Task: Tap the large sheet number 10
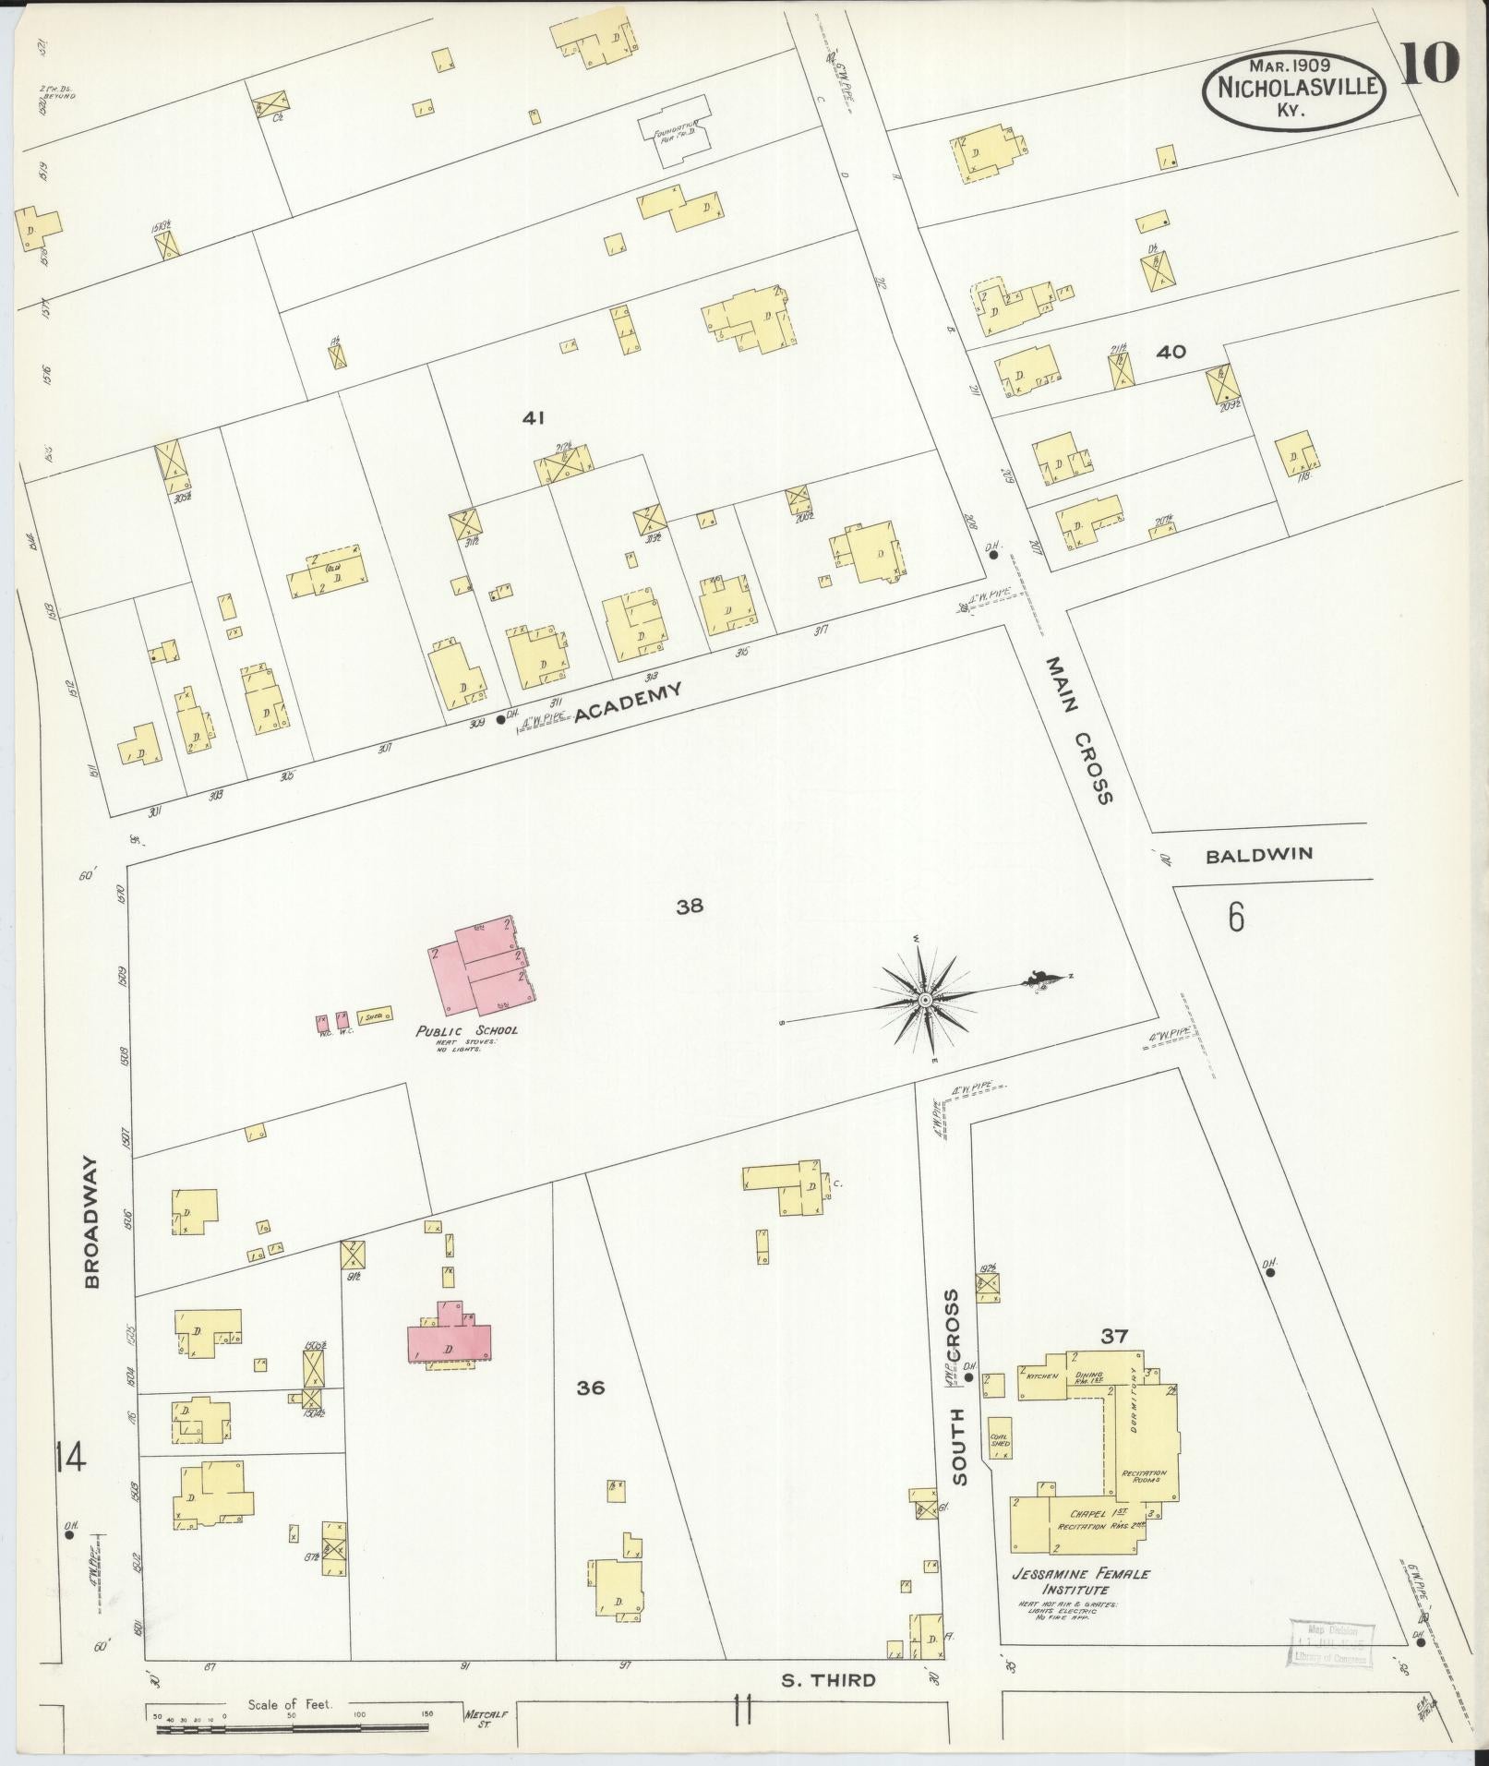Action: [1430, 64]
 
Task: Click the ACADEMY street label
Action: [629, 703]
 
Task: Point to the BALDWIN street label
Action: [1258, 855]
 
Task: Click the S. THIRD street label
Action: [828, 1679]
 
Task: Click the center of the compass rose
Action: [924, 1000]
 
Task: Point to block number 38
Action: [690, 907]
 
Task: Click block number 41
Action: [534, 418]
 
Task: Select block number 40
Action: [1171, 352]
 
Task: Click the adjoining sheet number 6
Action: [1235, 919]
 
